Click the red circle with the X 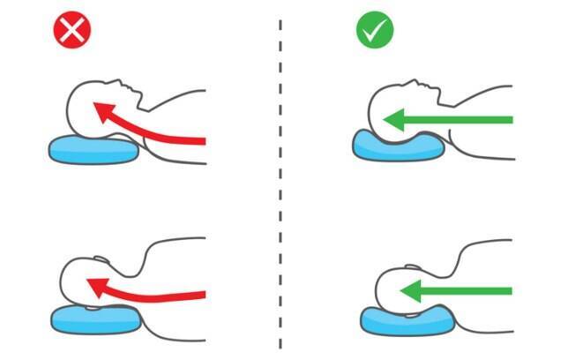click(72, 32)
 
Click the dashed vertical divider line click(280, 176)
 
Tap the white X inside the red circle click(72, 32)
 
